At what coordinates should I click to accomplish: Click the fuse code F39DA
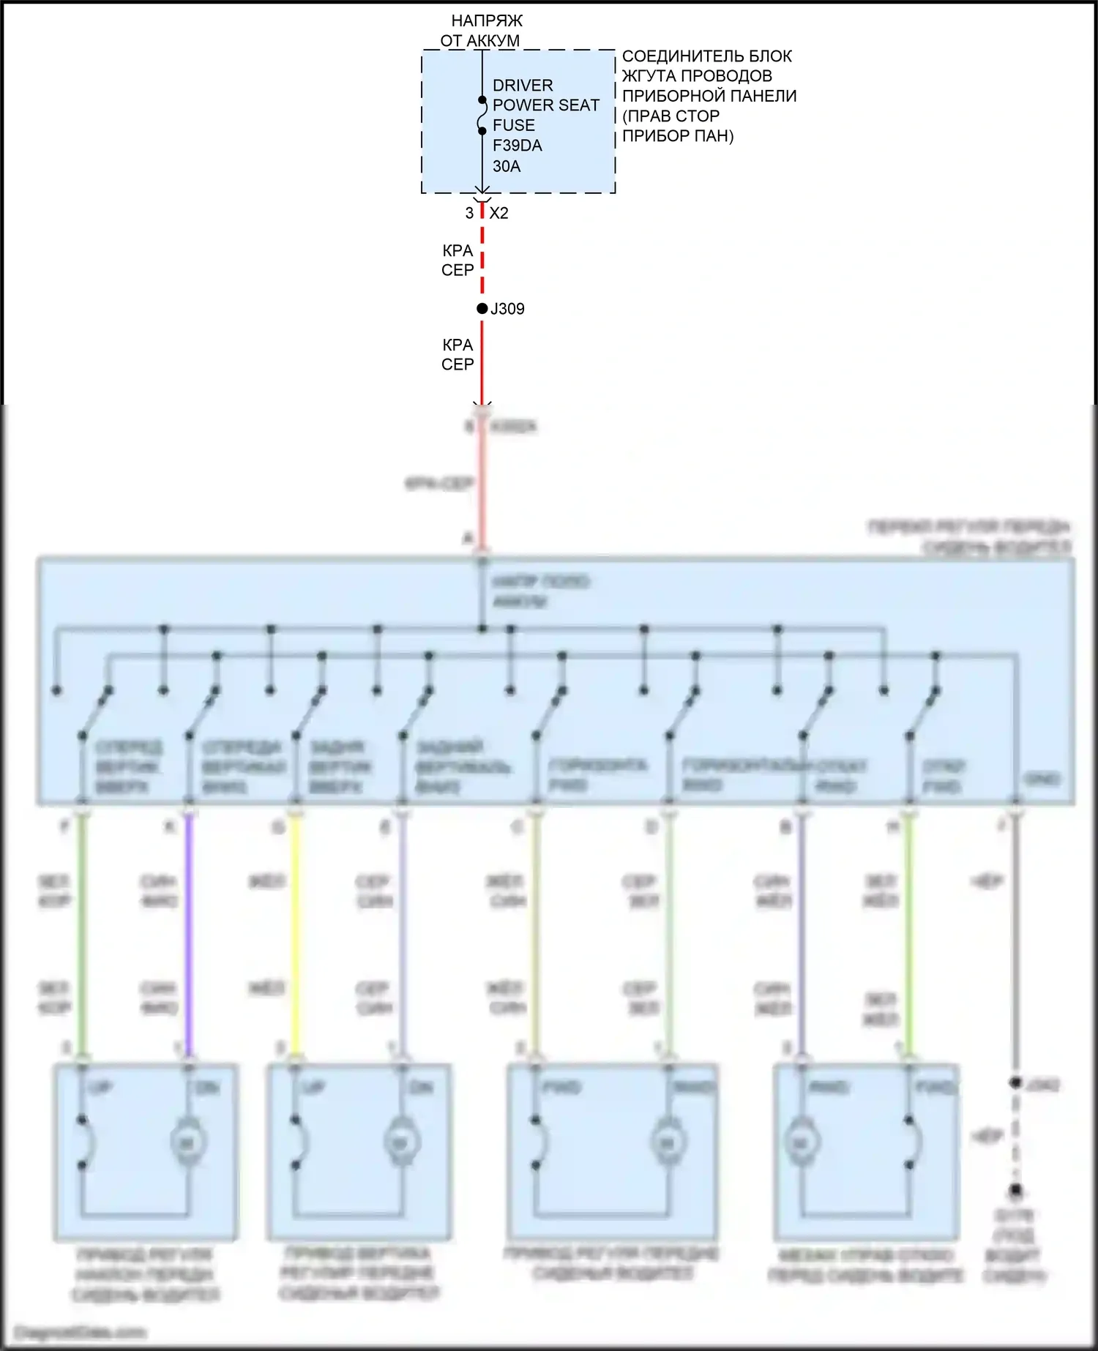(517, 146)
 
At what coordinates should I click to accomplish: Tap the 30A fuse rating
(507, 166)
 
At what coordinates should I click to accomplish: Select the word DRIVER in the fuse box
(523, 85)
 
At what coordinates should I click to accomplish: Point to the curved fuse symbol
(482, 116)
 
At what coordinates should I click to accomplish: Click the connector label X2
(498, 213)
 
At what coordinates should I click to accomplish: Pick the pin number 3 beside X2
(469, 213)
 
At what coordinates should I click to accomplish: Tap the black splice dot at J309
(482, 309)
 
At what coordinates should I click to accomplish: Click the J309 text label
(508, 309)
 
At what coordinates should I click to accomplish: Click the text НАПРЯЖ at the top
(487, 20)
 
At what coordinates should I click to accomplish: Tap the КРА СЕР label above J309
(457, 260)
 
